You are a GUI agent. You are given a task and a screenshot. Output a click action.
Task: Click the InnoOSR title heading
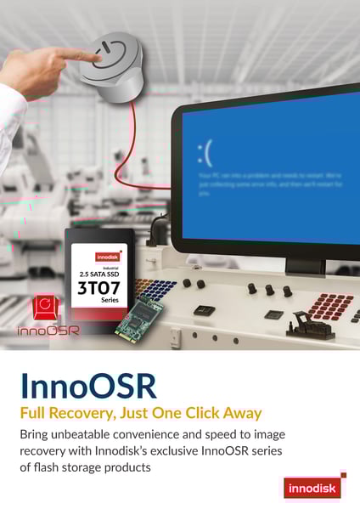coord(90,386)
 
